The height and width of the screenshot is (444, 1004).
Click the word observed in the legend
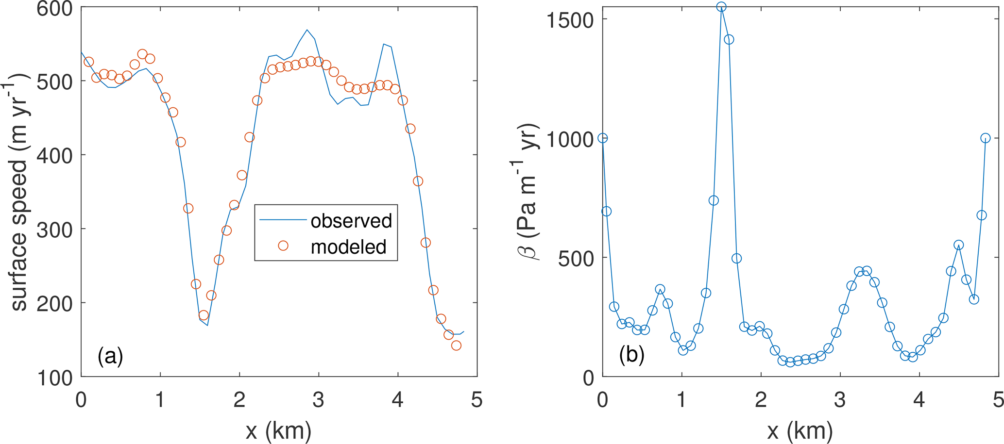tap(351, 221)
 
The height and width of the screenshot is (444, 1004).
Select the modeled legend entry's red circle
tap(283, 246)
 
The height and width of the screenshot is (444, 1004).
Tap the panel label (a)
tap(110, 357)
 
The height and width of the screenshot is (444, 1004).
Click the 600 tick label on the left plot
tap(55, 8)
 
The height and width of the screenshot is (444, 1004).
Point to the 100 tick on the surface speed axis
tap(55, 378)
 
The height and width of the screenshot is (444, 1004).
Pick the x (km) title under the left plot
tap(278, 430)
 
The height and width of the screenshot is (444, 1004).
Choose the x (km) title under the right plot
tap(800, 430)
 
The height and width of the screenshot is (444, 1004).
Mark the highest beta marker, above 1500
tap(721, 7)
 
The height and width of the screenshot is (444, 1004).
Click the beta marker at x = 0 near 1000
tap(603, 138)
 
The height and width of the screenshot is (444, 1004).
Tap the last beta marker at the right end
tap(986, 138)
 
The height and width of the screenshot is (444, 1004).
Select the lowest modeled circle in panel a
tap(456, 345)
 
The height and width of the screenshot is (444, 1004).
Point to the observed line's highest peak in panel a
tap(307, 30)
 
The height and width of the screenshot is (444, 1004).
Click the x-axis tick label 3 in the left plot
tap(319, 401)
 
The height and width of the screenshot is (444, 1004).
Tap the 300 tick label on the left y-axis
tap(55, 229)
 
